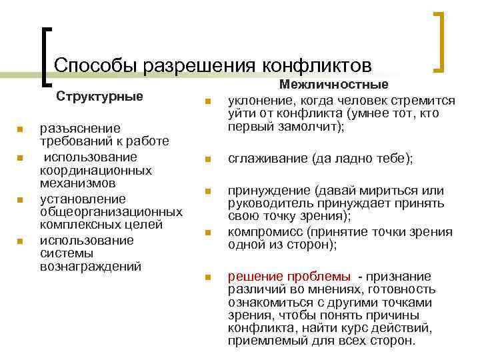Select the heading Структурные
pos(99,96)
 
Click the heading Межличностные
pos(334,85)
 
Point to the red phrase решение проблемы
pos(289,277)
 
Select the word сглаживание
pos(266,159)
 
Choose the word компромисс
pos(261,231)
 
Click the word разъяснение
pos(80,128)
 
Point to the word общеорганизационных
pos(111,212)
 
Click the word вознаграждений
pos(91,266)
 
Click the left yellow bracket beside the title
pos(45,57)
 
